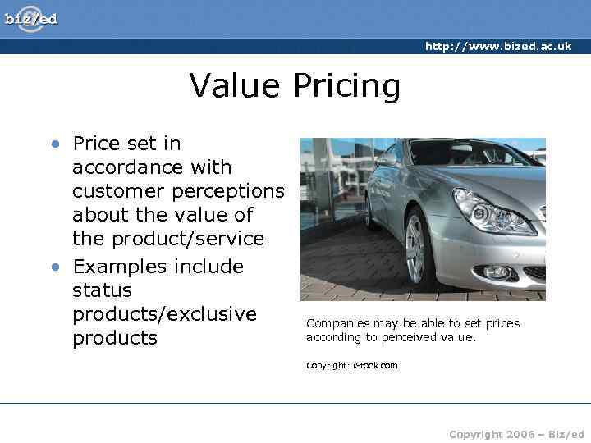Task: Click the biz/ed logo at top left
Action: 31,18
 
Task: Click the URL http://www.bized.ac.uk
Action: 497,47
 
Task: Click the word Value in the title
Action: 231,85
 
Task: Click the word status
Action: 102,290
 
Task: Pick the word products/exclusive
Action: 164,314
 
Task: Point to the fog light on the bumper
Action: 497,271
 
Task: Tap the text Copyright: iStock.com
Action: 351,365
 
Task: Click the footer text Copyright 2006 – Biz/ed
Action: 516,434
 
